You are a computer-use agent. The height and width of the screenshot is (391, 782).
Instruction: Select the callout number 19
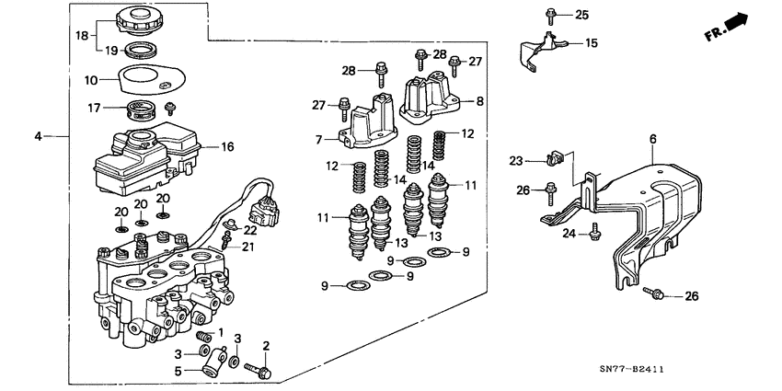(110, 51)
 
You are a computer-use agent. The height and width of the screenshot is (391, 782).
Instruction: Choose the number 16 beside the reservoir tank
(227, 146)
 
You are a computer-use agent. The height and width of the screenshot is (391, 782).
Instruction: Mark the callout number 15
(591, 43)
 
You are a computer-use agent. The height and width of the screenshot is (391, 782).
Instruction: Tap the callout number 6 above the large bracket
(652, 139)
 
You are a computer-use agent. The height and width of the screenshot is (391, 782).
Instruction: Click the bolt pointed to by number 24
(595, 234)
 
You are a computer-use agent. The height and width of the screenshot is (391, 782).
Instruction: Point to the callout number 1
(219, 331)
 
